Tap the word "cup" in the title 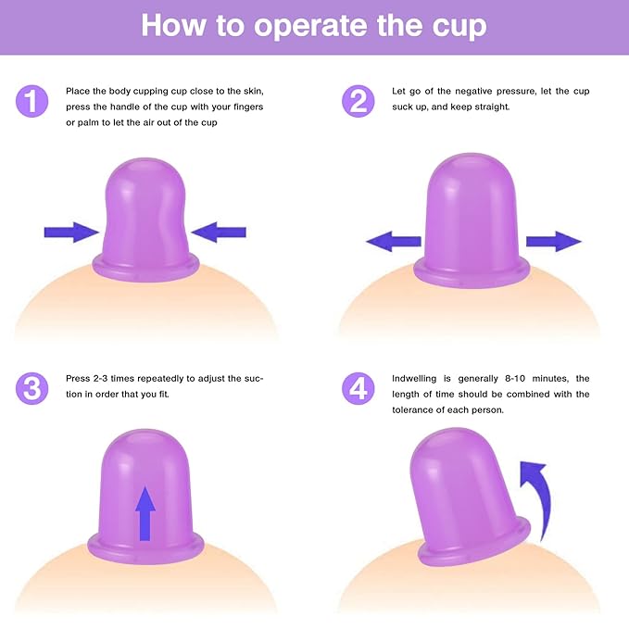click(453, 25)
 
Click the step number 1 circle click(32, 100)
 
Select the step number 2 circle click(359, 100)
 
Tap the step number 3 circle click(32, 387)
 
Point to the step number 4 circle click(359, 387)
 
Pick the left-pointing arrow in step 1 click(219, 232)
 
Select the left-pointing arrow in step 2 click(394, 242)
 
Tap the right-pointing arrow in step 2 click(553, 242)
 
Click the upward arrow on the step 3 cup click(145, 512)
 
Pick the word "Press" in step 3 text click(78, 378)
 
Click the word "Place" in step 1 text click(78, 91)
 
